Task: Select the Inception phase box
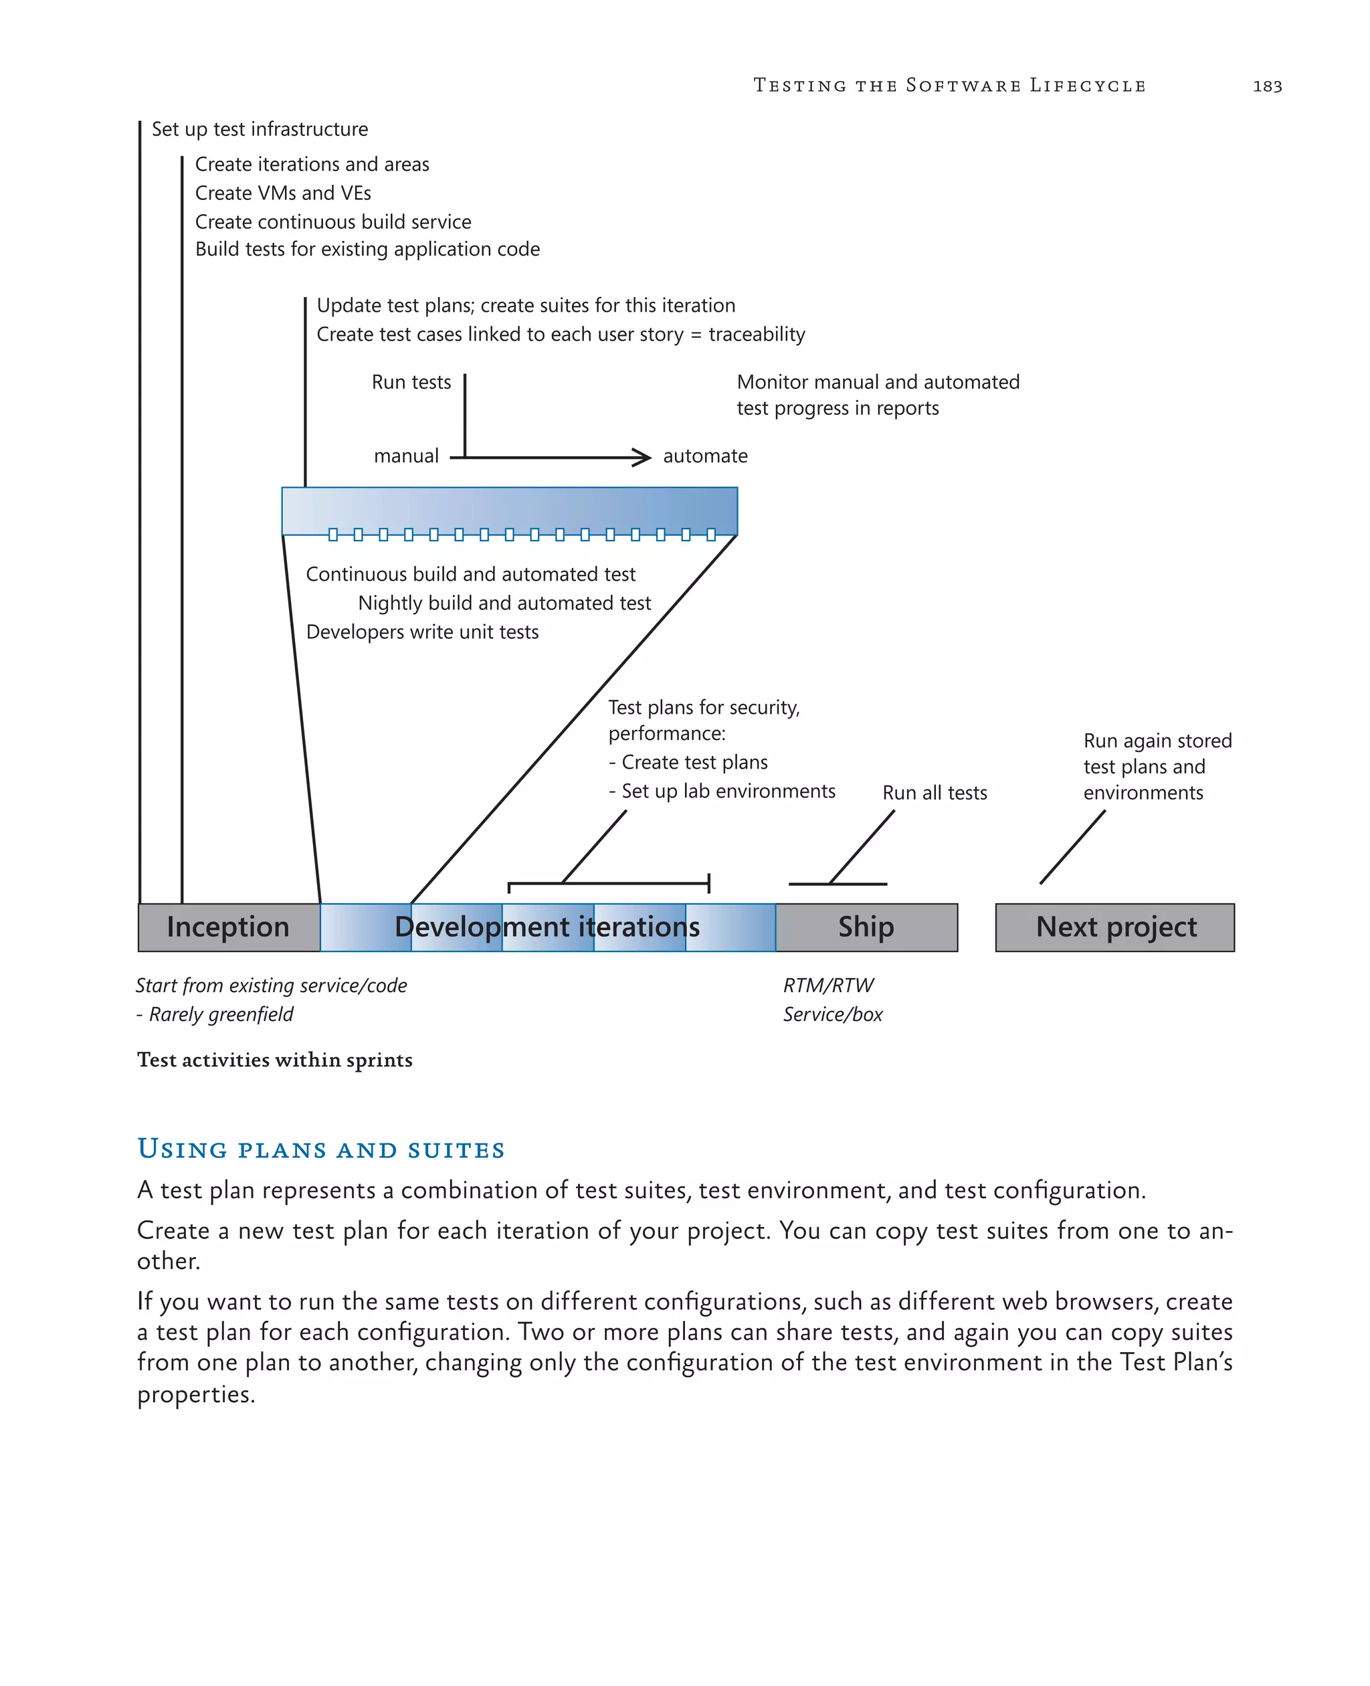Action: [229, 927]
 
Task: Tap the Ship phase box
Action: [866, 927]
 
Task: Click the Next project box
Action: [1114, 927]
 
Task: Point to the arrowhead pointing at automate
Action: [643, 457]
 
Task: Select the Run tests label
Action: [411, 383]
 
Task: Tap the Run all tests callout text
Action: [935, 793]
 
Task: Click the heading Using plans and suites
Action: [321, 1149]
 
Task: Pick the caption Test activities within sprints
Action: [275, 1060]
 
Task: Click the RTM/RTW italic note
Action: [828, 986]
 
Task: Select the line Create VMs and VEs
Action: [282, 193]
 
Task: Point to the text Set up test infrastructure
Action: [260, 129]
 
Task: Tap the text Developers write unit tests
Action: [422, 632]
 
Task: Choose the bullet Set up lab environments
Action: [728, 791]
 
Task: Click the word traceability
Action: [756, 335]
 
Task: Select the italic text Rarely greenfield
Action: [221, 1015]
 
